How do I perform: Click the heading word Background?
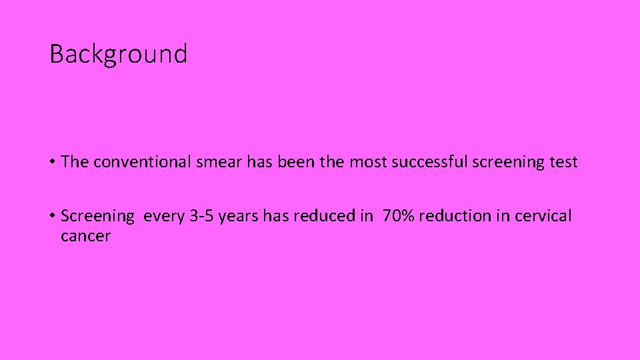click(x=118, y=54)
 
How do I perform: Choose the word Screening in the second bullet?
click(x=97, y=216)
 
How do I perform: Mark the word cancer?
click(x=85, y=236)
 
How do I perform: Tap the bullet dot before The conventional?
click(x=53, y=162)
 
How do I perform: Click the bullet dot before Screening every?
click(x=53, y=216)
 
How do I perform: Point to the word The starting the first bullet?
click(x=75, y=162)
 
